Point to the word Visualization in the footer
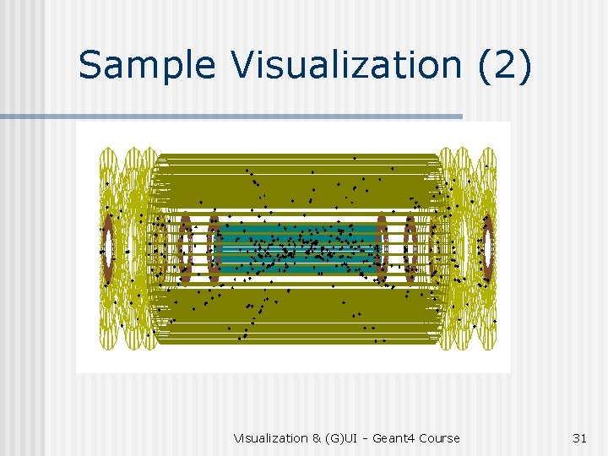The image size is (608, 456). (x=270, y=438)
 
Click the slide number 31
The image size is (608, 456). (x=579, y=438)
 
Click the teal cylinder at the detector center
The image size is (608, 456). (x=296, y=248)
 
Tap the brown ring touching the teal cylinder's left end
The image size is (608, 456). (x=214, y=248)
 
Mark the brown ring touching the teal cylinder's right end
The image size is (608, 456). (x=381, y=248)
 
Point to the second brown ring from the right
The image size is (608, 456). (x=409, y=248)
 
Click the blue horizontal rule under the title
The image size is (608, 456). (x=231, y=117)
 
